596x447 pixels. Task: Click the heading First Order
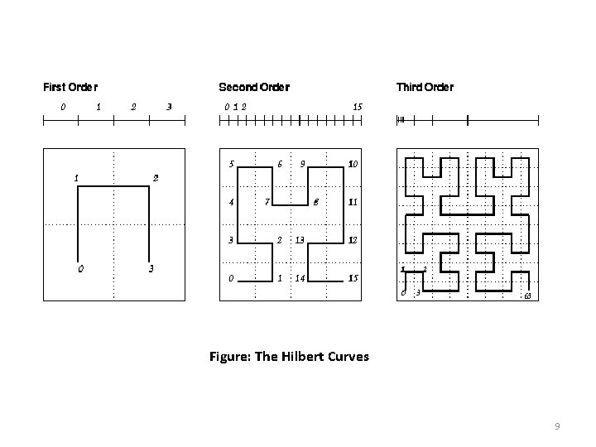tap(70, 86)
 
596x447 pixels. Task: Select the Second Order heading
tap(253, 86)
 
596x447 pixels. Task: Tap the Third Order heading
tap(425, 86)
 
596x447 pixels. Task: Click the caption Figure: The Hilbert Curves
tap(289, 357)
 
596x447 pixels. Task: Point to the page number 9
tap(558, 426)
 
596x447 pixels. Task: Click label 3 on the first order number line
tap(169, 106)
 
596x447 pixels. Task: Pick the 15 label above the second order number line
tap(357, 106)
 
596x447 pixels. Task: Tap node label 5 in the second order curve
tap(232, 163)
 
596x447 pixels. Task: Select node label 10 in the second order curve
tap(353, 164)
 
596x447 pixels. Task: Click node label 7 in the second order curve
tap(267, 201)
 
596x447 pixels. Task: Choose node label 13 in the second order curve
tap(301, 240)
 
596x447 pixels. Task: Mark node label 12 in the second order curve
tap(353, 240)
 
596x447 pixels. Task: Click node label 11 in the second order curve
tap(353, 201)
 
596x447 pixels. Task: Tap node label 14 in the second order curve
tap(301, 278)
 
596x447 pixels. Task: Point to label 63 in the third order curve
tap(527, 296)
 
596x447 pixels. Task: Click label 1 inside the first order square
tap(76, 177)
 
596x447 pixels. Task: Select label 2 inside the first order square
tap(156, 177)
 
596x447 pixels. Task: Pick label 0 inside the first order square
tap(79, 268)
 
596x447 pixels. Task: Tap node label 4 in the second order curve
tap(232, 201)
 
